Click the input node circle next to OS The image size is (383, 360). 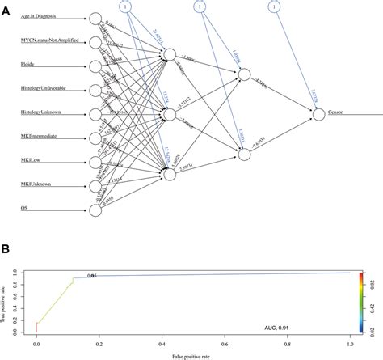[x=95, y=211]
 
